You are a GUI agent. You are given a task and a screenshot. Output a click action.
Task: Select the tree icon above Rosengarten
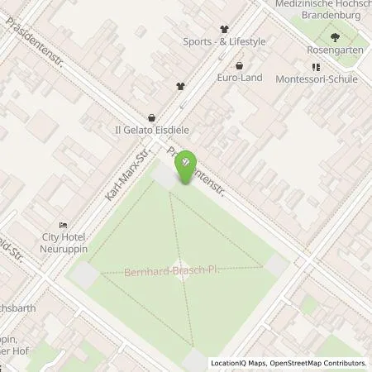[335, 37]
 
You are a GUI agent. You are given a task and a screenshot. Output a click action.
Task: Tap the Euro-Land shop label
[240, 78]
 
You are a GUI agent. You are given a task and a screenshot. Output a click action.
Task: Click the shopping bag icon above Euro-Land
[240, 64]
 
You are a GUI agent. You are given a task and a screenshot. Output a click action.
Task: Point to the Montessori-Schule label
[318, 79]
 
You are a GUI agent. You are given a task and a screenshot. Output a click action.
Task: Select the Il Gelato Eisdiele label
[153, 130]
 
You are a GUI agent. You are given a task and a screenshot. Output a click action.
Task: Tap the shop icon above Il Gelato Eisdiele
[151, 117]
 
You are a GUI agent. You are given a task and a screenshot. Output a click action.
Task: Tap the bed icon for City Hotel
[63, 225]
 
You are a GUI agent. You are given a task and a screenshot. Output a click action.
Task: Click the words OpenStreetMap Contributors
[317, 363]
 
